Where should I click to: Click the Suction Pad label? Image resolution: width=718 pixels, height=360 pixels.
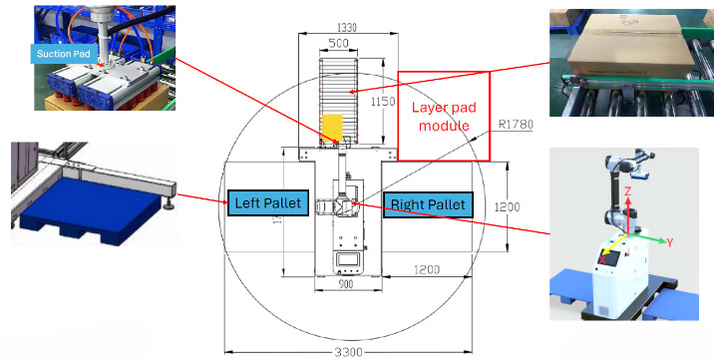click(x=64, y=54)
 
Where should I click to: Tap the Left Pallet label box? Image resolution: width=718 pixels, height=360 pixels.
click(x=268, y=202)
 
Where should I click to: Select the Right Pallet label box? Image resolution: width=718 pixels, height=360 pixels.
click(x=428, y=204)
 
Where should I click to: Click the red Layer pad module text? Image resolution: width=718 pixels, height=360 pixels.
click(x=444, y=117)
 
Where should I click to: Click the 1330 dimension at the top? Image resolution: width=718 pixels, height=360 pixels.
click(x=348, y=28)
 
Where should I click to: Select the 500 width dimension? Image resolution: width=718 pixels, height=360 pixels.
click(x=339, y=44)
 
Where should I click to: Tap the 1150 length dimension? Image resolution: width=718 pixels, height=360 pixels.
click(x=383, y=102)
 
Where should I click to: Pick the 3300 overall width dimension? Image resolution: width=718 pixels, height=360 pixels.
click(x=348, y=352)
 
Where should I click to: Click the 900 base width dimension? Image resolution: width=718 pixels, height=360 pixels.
click(x=346, y=284)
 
